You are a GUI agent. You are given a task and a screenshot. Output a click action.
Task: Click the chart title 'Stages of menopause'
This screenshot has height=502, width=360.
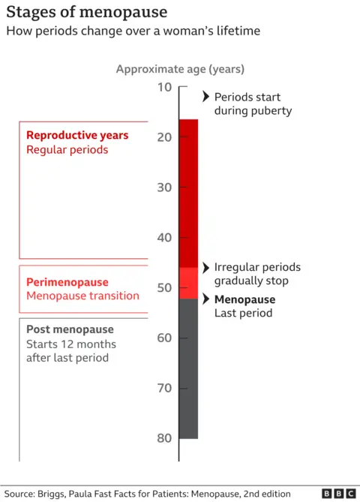(87, 13)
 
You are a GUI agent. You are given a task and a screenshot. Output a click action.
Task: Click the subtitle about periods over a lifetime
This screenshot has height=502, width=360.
(133, 32)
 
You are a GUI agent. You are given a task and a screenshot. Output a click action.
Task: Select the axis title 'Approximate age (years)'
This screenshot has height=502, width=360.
(180, 69)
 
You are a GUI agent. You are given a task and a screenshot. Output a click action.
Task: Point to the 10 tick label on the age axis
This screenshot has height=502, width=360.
(164, 87)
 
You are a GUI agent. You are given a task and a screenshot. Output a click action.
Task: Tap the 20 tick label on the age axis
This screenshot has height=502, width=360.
(164, 137)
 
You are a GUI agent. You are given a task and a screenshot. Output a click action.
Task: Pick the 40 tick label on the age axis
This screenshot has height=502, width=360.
(164, 238)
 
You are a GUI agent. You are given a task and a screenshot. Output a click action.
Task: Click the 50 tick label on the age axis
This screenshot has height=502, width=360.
(164, 288)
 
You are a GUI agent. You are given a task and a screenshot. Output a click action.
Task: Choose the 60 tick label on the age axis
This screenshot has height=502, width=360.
(164, 338)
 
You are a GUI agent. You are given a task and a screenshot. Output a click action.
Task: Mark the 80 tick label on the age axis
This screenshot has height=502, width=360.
(164, 438)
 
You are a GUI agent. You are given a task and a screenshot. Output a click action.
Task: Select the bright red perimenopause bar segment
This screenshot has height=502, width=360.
(188, 283)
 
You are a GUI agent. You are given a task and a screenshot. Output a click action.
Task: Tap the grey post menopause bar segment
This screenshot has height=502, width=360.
(188, 368)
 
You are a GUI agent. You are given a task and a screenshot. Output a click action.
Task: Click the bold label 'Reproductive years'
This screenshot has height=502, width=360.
(77, 136)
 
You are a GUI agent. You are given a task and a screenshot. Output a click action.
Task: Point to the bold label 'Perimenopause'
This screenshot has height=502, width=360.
(67, 282)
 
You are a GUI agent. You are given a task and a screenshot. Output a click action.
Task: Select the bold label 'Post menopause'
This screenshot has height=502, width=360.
(70, 329)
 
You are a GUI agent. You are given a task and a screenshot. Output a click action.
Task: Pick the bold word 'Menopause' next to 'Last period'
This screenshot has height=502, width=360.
(244, 299)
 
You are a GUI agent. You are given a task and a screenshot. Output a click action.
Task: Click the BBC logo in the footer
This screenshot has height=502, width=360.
(339, 493)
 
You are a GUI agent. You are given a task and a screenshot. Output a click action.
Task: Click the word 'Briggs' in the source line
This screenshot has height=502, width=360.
(61, 493)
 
